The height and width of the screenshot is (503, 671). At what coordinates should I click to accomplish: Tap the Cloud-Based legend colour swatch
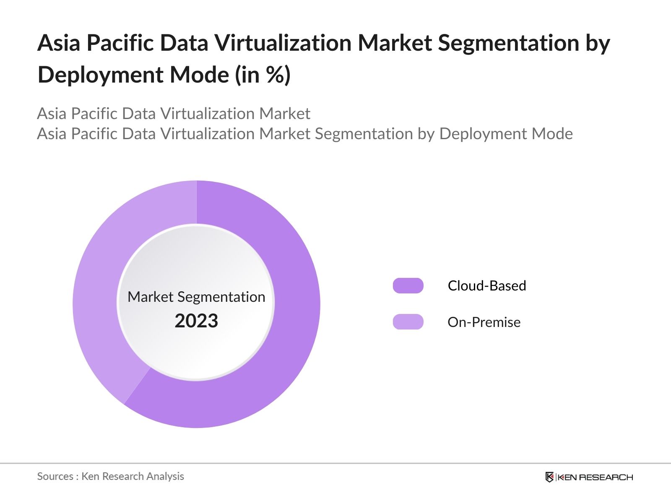point(408,286)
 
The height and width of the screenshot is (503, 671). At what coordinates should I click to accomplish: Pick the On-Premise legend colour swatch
point(408,322)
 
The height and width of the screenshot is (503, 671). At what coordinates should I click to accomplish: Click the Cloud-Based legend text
point(486,286)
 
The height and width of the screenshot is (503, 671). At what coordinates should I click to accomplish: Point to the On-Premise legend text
point(484,322)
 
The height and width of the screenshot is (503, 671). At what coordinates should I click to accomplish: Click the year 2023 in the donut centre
point(196,321)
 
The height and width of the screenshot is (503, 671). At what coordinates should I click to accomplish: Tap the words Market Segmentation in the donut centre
point(196,297)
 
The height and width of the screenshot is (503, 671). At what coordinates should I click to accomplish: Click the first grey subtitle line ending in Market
point(174,114)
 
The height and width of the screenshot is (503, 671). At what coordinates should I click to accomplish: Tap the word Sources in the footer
point(55,476)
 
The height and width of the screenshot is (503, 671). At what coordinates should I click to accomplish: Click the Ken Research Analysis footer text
point(133,476)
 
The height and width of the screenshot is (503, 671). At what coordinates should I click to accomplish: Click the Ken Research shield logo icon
point(549,477)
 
